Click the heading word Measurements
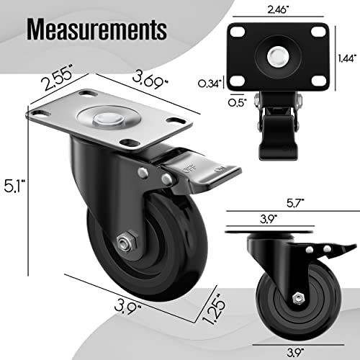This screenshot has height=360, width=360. tap(98, 31)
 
